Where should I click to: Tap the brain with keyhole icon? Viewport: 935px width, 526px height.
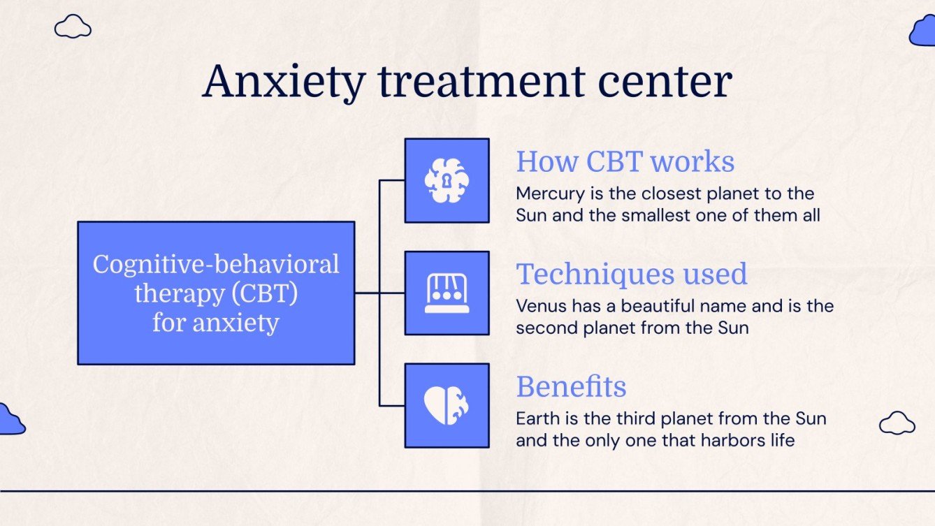click(447, 181)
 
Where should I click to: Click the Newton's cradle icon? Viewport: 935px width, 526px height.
click(447, 293)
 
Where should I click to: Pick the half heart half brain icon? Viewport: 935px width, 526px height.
click(447, 405)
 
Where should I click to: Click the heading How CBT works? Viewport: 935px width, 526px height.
click(625, 161)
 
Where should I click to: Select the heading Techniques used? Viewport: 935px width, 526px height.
click(631, 274)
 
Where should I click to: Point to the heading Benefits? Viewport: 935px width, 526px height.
click(571, 386)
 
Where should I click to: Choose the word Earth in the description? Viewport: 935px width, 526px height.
click(535, 419)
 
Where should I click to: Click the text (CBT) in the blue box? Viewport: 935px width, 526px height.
click(266, 293)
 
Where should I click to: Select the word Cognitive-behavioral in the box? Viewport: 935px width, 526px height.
click(216, 264)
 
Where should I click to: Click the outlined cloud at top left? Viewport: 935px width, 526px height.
click(73, 27)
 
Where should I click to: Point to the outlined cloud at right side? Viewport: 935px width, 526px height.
click(897, 423)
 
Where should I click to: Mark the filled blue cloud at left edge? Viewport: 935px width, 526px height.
click(10, 421)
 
